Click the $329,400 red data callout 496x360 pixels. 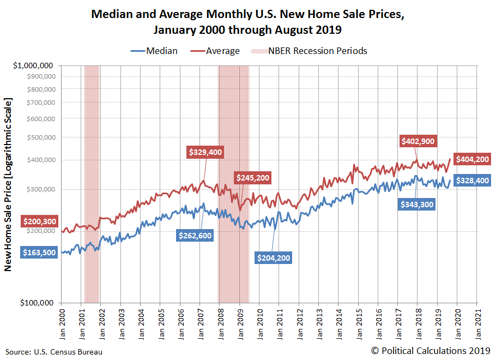tap(205, 152)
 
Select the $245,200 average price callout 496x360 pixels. tap(252, 178)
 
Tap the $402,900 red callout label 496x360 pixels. tap(418, 141)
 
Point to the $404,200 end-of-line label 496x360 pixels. tap(471, 159)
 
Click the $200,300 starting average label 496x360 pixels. tap(39, 221)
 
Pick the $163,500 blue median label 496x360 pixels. tap(39, 253)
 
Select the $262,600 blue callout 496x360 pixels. tap(195, 235)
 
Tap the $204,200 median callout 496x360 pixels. tap(274, 257)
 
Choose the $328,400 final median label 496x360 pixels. tap(472, 181)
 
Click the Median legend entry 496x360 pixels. tap(154, 51)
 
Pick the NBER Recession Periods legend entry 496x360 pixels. tap(309, 51)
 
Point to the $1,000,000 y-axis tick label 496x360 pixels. tap(34, 65)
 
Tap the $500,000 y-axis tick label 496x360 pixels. tap(41, 137)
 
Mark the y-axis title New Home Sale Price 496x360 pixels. tap(8, 184)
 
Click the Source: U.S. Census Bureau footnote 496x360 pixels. tap(54, 352)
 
